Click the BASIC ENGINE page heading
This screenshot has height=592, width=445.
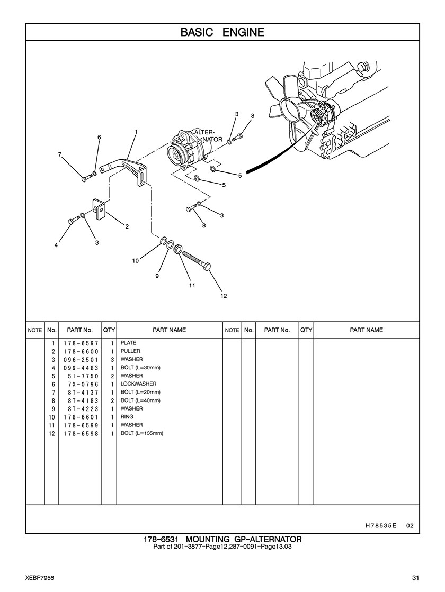(222, 32)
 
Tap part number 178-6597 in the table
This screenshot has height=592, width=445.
(81, 343)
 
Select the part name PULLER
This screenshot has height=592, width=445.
(130, 351)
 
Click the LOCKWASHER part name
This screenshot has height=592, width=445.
(138, 384)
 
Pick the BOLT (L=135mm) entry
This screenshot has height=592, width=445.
(142, 433)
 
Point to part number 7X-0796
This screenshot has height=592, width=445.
(83, 384)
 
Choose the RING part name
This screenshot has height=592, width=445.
(127, 417)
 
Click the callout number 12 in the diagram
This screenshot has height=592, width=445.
(224, 296)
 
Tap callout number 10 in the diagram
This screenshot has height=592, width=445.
(136, 260)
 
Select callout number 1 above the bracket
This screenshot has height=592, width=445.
(136, 132)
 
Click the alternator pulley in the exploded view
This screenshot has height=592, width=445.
(176, 153)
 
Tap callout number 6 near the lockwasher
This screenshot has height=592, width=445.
(100, 138)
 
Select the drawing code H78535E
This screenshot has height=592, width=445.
(381, 525)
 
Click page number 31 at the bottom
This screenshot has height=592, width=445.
(416, 578)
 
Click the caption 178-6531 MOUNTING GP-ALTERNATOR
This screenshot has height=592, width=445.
(222, 539)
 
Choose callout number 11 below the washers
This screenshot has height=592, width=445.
(192, 286)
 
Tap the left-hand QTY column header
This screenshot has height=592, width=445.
(109, 330)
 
